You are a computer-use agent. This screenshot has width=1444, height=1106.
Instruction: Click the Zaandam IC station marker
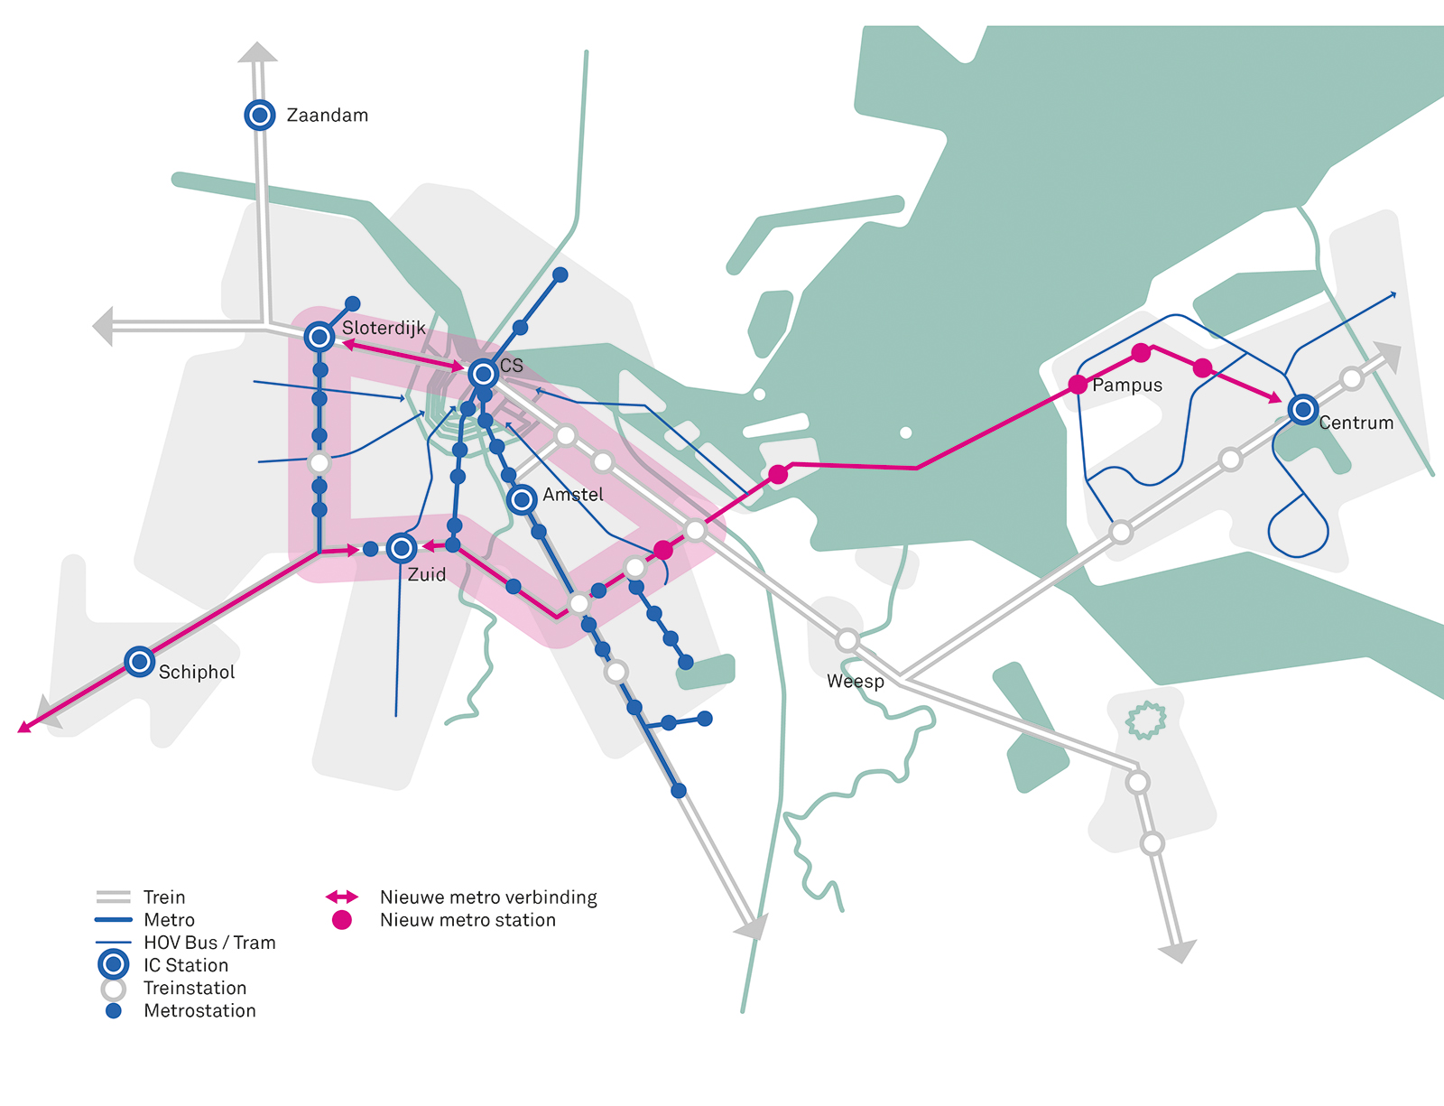pos(260,115)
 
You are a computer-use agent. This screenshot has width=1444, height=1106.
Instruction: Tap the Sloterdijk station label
pos(384,328)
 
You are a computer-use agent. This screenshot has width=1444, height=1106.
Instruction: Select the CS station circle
pos(483,374)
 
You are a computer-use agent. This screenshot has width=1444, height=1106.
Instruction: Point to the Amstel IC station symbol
pos(522,499)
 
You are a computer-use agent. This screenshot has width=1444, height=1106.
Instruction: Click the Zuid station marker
pos(402,548)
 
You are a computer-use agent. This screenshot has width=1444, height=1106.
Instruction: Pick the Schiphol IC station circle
pos(140,661)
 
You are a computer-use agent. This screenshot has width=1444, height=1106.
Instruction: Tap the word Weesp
pos(856,682)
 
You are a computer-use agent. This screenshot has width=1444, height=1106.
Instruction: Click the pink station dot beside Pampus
pos(1078,385)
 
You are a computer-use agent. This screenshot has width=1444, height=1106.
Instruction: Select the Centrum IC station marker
pos(1302,409)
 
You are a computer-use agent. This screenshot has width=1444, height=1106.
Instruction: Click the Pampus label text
pos(1127,386)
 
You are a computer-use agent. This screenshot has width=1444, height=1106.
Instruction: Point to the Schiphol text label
pos(197,672)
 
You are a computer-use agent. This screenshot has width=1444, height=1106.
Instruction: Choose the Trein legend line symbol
pos(113,897)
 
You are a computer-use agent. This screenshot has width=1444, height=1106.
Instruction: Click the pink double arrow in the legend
pos(341,897)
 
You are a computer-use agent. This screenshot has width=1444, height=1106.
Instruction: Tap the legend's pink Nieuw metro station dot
pos(341,920)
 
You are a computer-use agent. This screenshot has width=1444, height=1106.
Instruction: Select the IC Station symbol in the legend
pos(113,964)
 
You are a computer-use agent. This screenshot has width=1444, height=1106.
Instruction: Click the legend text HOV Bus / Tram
pos(209,943)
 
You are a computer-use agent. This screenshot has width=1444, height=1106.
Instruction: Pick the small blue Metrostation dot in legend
pos(114,1011)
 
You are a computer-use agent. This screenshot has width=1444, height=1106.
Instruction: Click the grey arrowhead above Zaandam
pos(257,51)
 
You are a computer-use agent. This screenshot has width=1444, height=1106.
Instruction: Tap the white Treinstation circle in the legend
pos(114,989)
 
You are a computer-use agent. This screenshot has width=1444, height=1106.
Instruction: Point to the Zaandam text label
pos(327,116)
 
